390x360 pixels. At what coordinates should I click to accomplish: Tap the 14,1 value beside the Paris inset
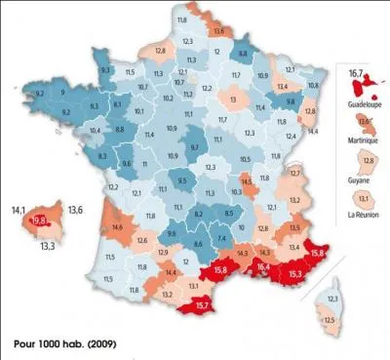tap(17, 208)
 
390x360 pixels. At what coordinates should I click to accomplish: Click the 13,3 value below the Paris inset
tap(47, 247)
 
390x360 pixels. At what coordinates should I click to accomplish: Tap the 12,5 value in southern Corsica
tap(331, 320)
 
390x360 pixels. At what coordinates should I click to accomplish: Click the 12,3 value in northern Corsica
tap(333, 297)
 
